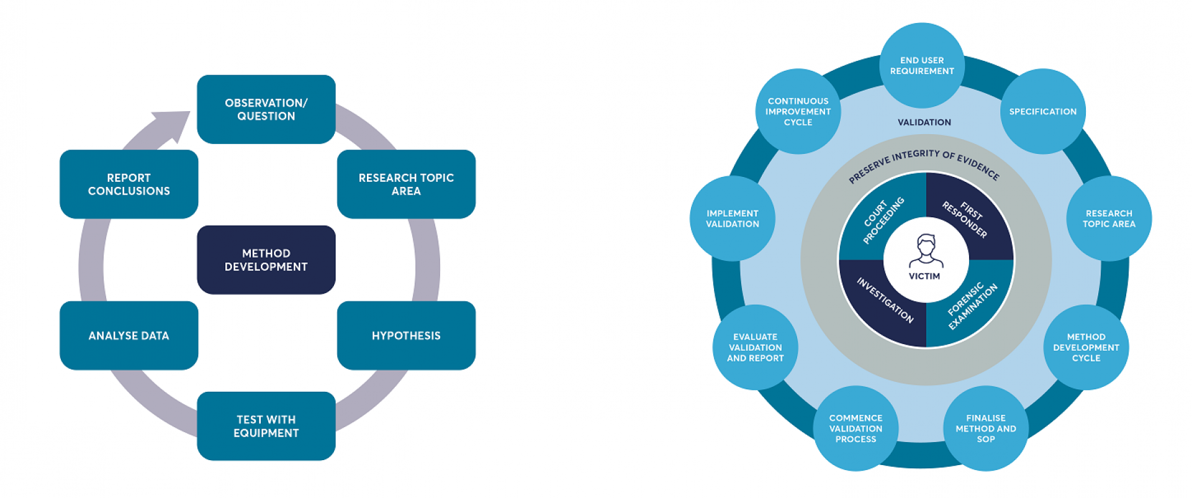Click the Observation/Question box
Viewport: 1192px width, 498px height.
[x=266, y=109]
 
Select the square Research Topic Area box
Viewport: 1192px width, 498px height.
[x=406, y=184]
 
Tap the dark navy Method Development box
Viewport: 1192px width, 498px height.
[x=266, y=260]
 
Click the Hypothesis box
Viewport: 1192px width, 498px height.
[x=406, y=335]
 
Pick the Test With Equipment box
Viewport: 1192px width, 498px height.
[x=266, y=426]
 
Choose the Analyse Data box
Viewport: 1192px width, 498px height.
[x=129, y=335]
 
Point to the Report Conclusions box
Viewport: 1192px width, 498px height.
[x=129, y=184]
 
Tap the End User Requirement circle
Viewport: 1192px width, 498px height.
[x=922, y=65]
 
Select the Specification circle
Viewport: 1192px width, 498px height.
[x=1042, y=111]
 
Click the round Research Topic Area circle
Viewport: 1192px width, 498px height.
[x=1109, y=218]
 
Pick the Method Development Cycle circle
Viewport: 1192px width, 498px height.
[x=1086, y=347]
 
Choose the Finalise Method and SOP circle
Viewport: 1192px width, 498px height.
[x=985, y=428]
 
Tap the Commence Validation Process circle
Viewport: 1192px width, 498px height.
[x=856, y=428]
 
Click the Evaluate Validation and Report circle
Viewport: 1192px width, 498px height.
[x=755, y=347]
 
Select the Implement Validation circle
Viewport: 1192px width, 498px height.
[x=732, y=218]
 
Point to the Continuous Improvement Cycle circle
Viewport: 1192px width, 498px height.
[x=798, y=111]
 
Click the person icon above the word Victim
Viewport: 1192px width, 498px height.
[x=926, y=250]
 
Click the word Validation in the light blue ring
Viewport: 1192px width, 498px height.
[x=924, y=122]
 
